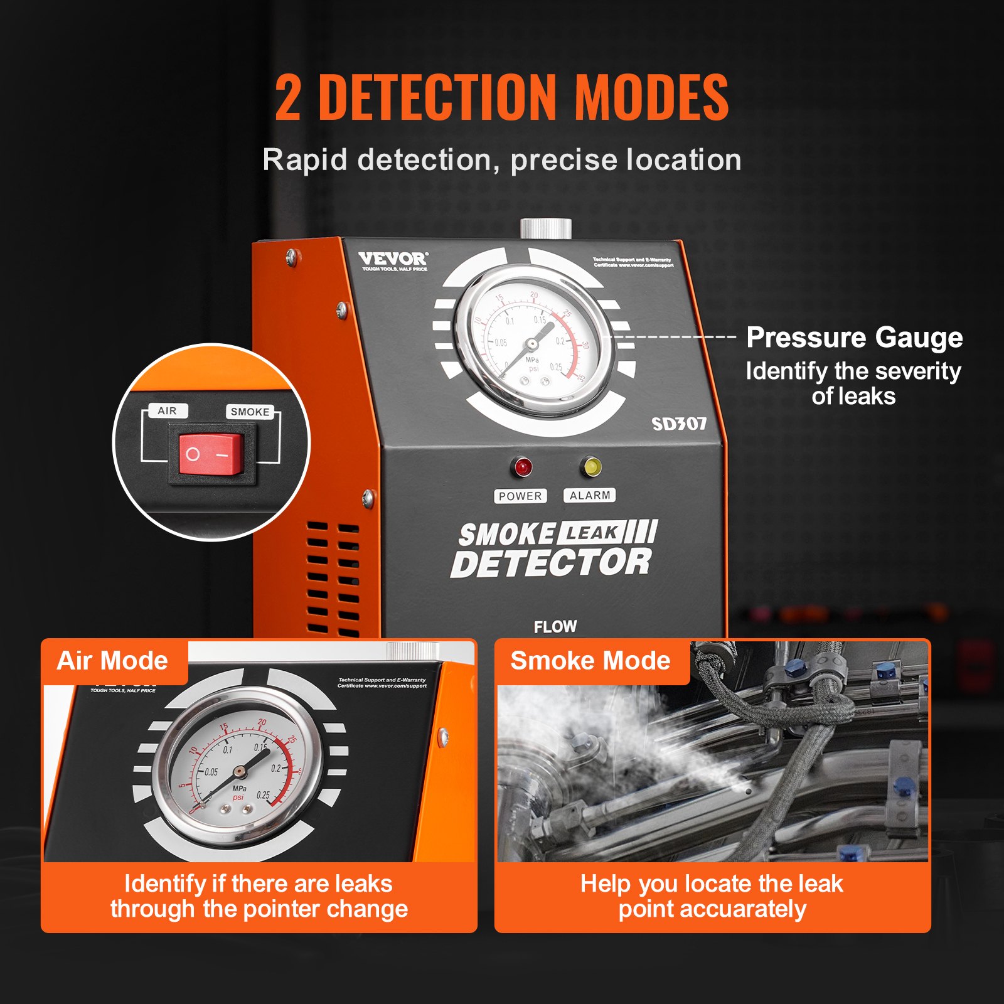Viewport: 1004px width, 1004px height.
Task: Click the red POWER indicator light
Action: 521,467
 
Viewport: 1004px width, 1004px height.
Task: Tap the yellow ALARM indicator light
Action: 592,467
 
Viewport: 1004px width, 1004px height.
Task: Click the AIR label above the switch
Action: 167,411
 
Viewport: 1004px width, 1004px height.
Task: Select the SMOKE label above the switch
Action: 250,412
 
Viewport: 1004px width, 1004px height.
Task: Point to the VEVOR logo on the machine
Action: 393,259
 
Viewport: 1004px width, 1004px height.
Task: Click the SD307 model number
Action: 679,424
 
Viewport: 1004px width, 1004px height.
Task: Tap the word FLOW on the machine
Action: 555,626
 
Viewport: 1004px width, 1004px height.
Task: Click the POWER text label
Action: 520,496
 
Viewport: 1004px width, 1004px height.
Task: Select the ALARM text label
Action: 590,495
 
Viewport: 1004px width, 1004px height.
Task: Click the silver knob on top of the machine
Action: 545,228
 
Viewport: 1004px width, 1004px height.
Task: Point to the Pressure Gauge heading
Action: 854,338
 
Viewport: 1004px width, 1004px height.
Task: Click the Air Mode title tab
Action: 113,661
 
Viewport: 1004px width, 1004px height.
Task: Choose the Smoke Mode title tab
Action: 590,661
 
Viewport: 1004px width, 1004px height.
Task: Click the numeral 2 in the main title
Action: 288,98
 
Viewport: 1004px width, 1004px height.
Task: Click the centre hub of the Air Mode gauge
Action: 239,771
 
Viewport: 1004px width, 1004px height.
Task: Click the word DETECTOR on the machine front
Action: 551,563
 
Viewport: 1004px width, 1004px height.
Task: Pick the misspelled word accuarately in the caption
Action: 743,909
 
